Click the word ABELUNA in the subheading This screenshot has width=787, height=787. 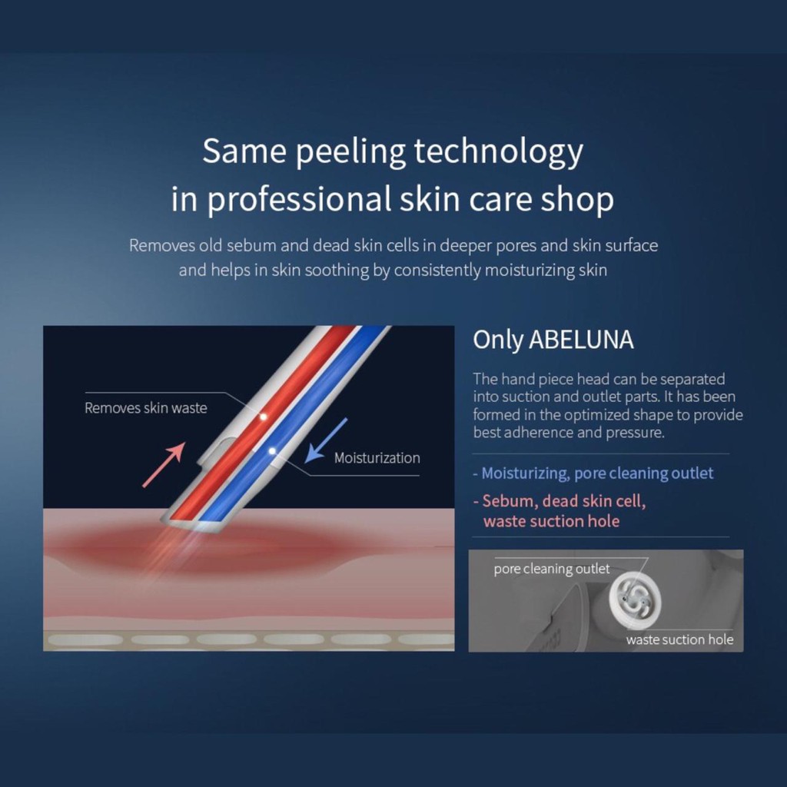pos(581,340)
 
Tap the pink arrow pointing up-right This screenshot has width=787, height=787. pos(164,465)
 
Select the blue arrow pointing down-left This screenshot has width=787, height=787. pos(326,440)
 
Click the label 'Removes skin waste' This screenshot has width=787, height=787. pos(145,407)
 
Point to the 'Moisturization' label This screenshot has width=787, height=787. pos(377,458)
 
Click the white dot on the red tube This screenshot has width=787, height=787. pos(263,417)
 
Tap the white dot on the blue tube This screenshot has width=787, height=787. pos(271,450)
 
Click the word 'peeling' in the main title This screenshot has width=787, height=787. pos(350,151)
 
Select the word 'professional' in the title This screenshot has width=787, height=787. pos(299,199)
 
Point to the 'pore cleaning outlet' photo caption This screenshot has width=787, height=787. pos(552,569)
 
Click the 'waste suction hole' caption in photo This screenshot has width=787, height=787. pos(679,639)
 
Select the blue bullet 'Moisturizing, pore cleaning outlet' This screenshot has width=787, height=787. pos(593,473)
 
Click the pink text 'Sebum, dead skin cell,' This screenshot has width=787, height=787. pos(560,501)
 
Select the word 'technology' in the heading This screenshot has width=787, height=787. pos(498,151)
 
